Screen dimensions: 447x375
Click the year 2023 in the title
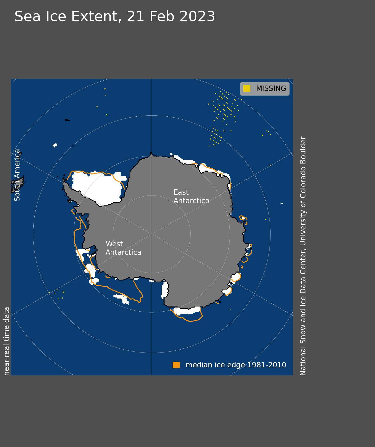(197, 16)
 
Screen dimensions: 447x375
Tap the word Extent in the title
(94, 16)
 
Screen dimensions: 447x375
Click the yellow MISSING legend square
(247, 89)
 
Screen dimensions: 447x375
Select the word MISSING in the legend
(271, 89)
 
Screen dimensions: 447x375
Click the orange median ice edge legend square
(176, 365)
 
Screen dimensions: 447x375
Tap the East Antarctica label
(191, 196)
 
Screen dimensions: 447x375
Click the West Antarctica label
(123, 248)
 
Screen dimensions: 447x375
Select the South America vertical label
(17, 175)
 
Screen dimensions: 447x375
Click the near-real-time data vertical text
(7, 341)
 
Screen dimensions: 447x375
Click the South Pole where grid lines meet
(152, 234)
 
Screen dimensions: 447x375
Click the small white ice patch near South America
(55, 145)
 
